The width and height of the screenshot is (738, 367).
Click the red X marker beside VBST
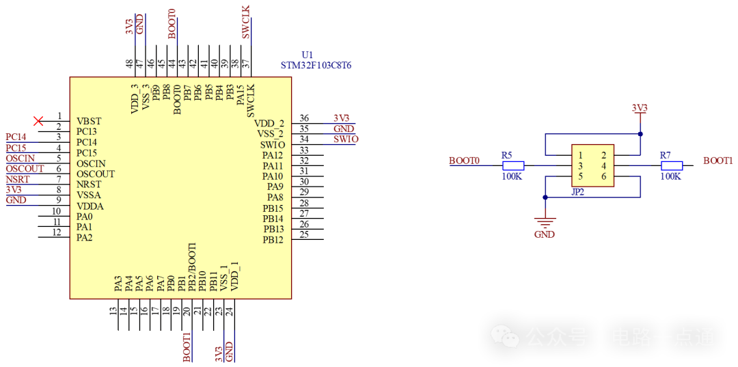[x=38, y=121]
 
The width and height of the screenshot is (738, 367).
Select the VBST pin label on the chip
[x=89, y=122]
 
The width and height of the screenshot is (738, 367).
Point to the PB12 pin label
[x=273, y=240]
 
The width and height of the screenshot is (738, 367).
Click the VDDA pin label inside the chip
[x=90, y=206]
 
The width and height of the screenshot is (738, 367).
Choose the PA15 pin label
[x=241, y=94]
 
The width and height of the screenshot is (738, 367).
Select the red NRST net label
[x=18, y=179]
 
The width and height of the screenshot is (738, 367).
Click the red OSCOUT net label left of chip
[x=25, y=169]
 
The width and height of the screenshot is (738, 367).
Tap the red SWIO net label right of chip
[x=346, y=139]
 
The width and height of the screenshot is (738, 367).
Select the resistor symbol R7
[x=672, y=165]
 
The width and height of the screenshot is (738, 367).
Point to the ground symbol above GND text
[x=545, y=220]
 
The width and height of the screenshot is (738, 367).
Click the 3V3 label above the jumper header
[x=640, y=109]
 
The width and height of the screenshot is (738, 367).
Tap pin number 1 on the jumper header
[x=580, y=156]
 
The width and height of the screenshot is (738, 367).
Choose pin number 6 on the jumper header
[x=603, y=177]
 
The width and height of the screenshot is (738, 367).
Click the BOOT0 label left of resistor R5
[x=465, y=161]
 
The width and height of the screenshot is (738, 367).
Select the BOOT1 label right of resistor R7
[x=717, y=161]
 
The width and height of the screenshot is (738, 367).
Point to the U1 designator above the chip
[x=307, y=55]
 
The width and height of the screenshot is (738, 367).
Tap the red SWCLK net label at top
[x=247, y=22]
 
